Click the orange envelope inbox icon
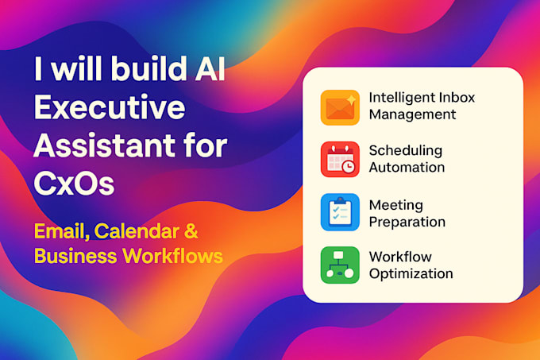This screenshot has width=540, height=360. pyautogui.click(x=340, y=106)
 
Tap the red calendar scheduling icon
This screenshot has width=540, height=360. pyautogui.click(x=340, y=159)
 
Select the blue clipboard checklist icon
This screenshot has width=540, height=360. pyautogui.click(x=340, y=212)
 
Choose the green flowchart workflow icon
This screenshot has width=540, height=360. pyautogui.click(x=340, y=265)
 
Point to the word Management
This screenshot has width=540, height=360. pyautogui.click(x=412, y=114)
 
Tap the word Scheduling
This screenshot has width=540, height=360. pyautogui.click(x=406, y=151)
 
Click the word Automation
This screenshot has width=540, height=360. pyautogui.click(x=407, y=168)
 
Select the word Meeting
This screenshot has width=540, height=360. pyautogui.click(x=395, y=204)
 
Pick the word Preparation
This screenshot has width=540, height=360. pyautogui.click(x=407, y=221)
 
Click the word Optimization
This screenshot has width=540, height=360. pyautogui.click(x=411, y=274)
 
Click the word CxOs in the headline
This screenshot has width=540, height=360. pyautogui.click(x=75, y=185)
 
